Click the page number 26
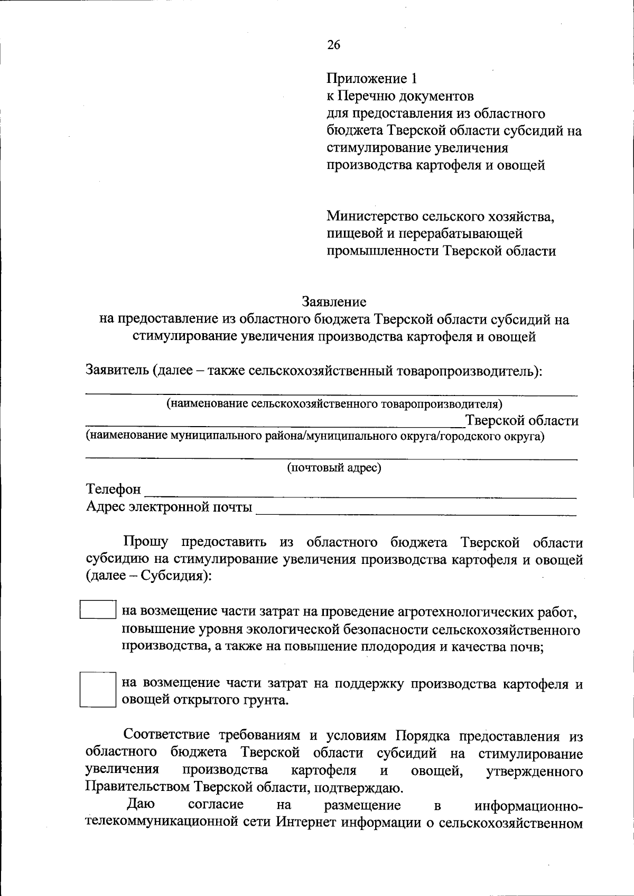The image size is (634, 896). [333, 45]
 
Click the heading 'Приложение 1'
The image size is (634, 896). [371, 79]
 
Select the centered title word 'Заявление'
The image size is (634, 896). [334, 302]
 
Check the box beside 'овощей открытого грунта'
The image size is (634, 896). [98, 689]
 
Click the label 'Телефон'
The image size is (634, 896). [114, 489]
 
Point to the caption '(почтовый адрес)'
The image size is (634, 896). [334, 468]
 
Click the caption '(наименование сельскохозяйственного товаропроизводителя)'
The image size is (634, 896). [334, 404]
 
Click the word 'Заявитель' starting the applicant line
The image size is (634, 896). [117, 371]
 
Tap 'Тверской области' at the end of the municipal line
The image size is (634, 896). [522, 421]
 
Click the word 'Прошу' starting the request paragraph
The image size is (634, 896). [146, 542]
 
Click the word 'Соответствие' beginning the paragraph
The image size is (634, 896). [166, 734]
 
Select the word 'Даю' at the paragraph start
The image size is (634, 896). [141, 804]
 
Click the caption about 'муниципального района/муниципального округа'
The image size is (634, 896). [315, 436]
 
